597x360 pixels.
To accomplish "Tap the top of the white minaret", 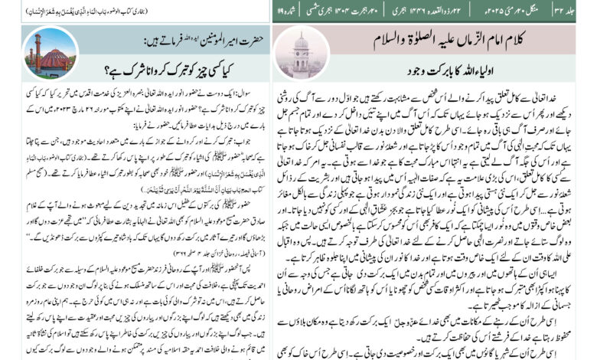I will coord(301,34).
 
